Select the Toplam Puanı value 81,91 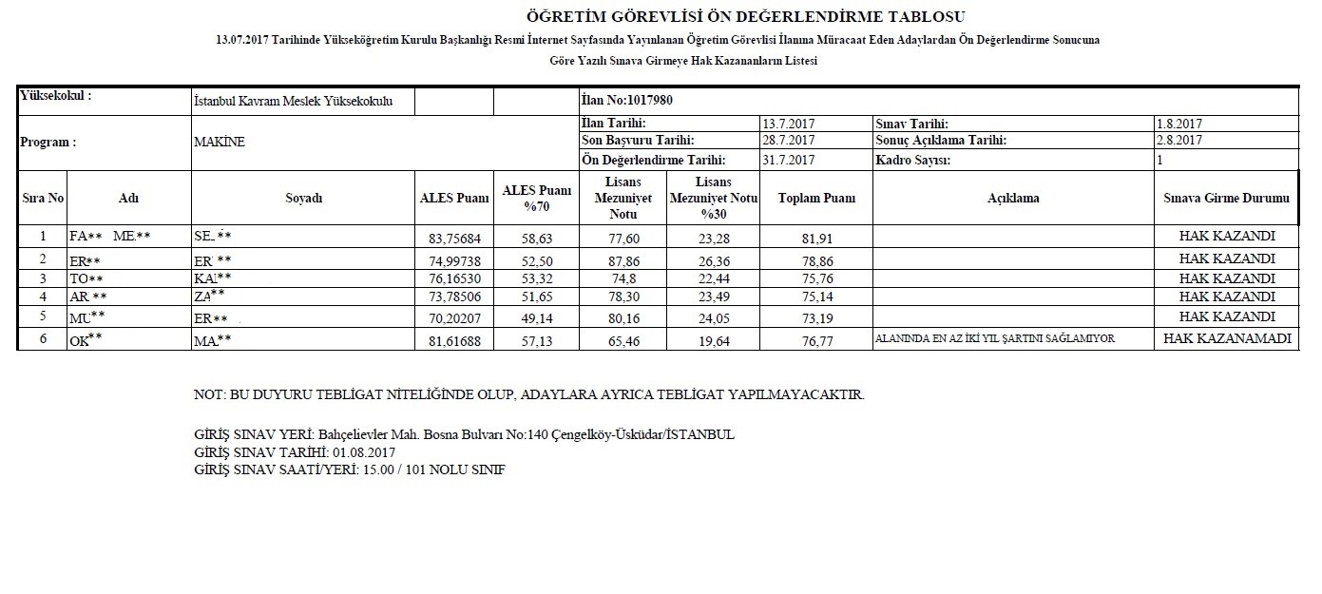816,238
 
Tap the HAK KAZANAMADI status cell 1226,338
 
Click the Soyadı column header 303,199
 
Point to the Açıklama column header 1013,199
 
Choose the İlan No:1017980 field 627,101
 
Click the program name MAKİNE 219,142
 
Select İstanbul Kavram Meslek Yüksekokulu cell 293,101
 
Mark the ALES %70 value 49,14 537,317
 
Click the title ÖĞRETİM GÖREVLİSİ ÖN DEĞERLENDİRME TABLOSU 745,17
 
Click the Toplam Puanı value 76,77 816,340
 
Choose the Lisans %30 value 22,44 713,278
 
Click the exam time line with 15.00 349,470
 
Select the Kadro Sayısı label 912,160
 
